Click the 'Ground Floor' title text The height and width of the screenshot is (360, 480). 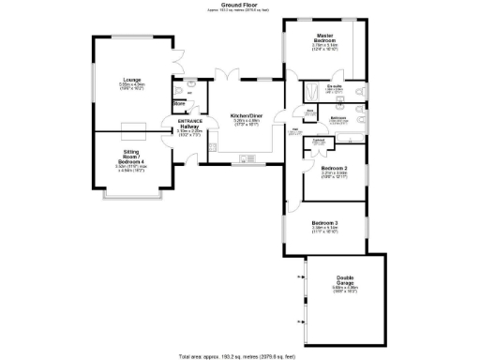tap(241, 5)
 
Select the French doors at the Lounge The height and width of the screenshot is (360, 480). tap(175, 63)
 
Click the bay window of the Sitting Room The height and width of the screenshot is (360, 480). tap(130, 202)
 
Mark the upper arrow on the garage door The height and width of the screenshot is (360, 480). tap(301, 278)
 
